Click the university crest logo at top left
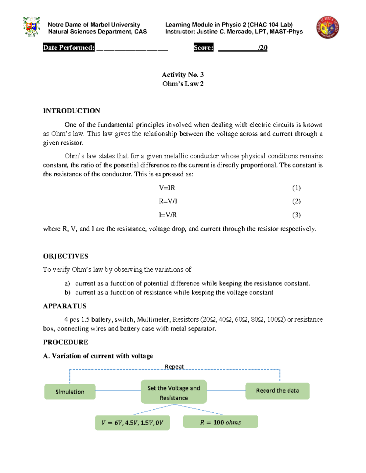31,27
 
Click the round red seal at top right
328,27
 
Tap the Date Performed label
69,48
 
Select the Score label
203,48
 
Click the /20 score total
262,48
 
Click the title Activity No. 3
183,75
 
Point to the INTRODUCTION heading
71,111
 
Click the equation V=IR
167,188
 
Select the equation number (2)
296,201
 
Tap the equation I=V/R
167,215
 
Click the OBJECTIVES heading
66,256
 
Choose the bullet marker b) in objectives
67,292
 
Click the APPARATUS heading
65,306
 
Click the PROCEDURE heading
66,342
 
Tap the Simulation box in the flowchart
70,392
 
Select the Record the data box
277,391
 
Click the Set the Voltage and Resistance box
174,392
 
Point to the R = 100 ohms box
220,422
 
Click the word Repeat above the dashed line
174,366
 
